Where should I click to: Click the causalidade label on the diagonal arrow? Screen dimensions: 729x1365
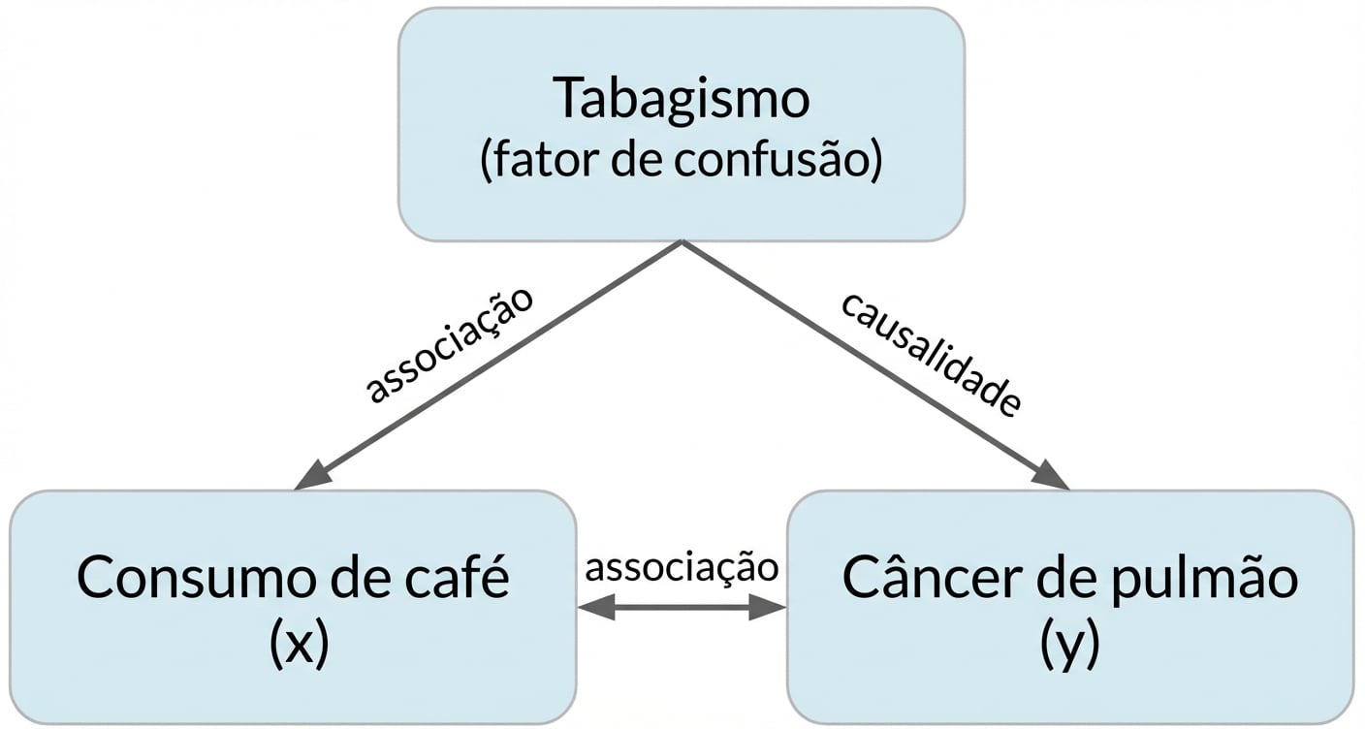pyautogui.click(x=930, y=353)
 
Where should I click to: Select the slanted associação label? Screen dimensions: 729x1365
pyautogui.click(x=450, y=343)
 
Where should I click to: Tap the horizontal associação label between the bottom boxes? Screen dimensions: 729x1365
pyautogui.click(x=682, y=567)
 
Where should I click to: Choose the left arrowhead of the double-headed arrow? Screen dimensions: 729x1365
pyautogui.click(x=593, y=608)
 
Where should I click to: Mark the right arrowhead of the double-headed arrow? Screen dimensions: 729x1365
pyautogui.click(x=768, y=608)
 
